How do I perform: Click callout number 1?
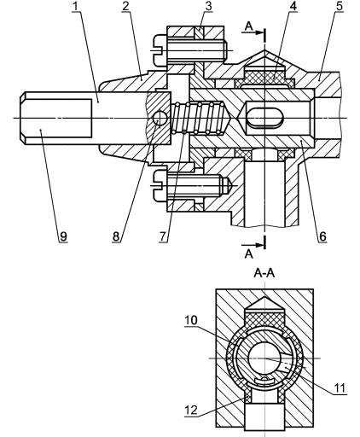tap(75, 6)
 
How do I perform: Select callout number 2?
tap(125, 6)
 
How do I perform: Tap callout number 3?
tap(208, 6)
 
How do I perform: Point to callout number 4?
tap(293, 6)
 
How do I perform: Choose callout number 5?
tap(340, 6)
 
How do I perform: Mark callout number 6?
tap(322, 236)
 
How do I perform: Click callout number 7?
tap(162, 236)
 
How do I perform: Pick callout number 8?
tap(116, 236)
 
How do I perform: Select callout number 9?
tap(63, 236)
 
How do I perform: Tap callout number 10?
tap(191, 320)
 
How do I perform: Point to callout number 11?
tap(339, 387)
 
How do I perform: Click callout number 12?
tap(191, 410)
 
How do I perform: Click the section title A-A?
tap(264, 273)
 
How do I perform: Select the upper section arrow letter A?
tap(249, 26)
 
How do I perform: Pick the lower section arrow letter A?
tap(249, 253)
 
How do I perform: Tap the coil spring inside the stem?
tap(200, 118)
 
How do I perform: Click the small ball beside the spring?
tap(160, 118)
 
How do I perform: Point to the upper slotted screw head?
tap(160, 50)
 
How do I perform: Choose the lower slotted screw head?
tap(160, 185)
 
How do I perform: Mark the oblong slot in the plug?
tap(265, 117)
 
